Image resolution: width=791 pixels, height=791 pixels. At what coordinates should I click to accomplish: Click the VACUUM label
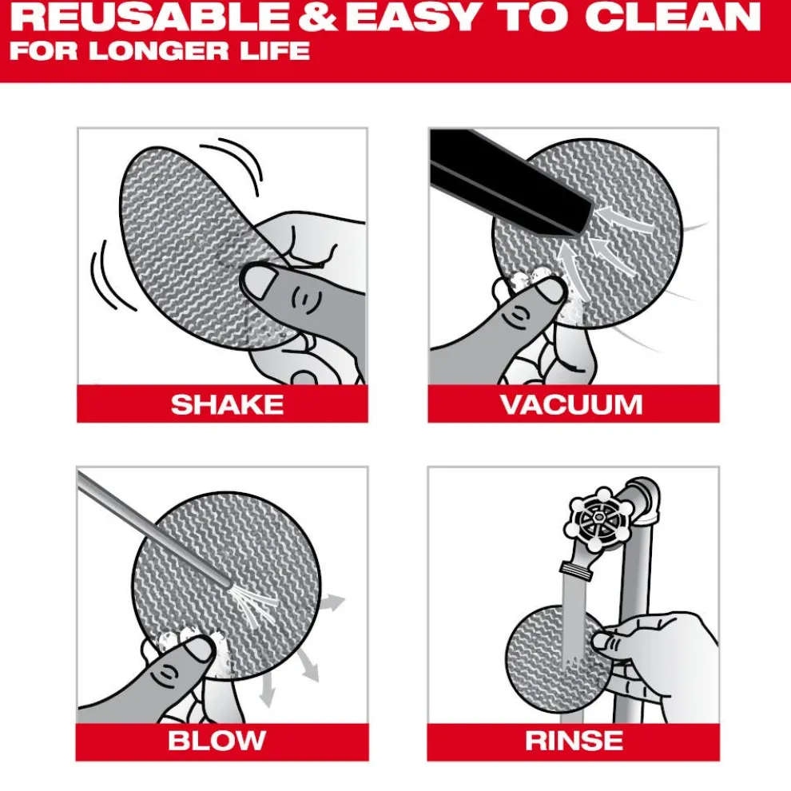tap(572, 404)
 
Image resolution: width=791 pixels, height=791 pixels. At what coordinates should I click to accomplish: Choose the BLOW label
tap(217, 741)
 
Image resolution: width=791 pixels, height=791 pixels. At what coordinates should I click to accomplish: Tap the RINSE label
tap(574, 741)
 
